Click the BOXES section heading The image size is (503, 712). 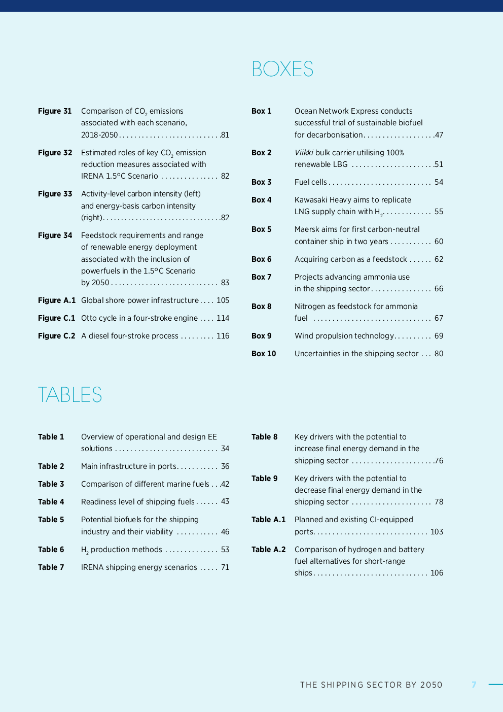(282, 69)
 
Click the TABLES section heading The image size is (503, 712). (70, 395)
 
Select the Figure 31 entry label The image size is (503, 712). (55, 111)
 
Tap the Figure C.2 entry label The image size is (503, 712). (56, 336)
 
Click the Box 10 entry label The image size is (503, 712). (264, 354)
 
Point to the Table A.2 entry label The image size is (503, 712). (268, 550)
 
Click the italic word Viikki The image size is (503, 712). (304, 153)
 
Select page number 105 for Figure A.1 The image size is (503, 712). (223, 300)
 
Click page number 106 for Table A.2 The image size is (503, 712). (437, 573)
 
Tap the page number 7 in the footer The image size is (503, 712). (474, 685)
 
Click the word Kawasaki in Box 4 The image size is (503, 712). (311, 200)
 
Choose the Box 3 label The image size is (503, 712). (261, 182)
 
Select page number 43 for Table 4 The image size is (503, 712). (225, 501)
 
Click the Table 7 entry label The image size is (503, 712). (51, 567)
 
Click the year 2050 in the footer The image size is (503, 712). (431, 685)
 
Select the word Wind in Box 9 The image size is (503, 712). (303, 336)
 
